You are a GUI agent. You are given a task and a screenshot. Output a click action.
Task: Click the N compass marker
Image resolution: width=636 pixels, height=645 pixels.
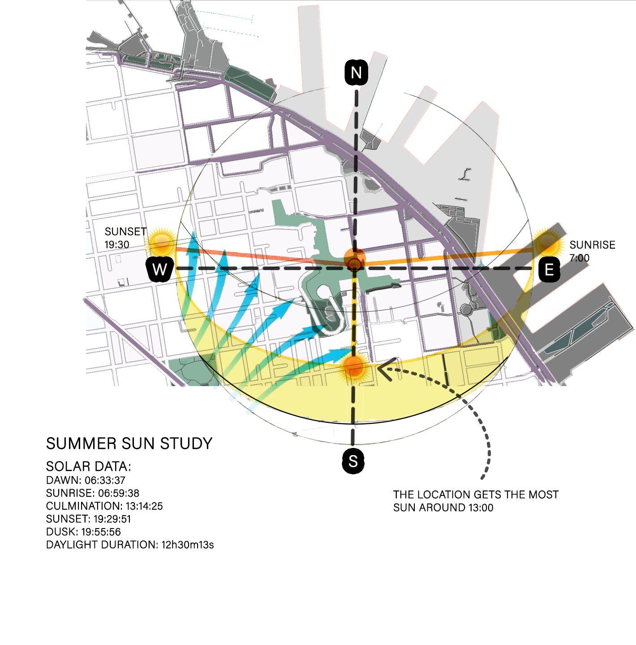(356, 73)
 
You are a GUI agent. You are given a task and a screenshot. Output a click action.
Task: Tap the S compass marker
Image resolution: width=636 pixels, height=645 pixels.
(353, 460)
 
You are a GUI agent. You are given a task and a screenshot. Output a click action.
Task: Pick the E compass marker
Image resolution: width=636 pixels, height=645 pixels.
(549, 270)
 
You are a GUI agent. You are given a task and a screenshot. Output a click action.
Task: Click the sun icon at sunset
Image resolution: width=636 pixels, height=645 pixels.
(161, 242)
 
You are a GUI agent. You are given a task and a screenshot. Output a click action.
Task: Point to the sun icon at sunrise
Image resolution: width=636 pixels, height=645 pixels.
(547, 242)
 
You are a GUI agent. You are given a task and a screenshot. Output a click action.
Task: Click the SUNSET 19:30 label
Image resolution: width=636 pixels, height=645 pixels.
(125, 238)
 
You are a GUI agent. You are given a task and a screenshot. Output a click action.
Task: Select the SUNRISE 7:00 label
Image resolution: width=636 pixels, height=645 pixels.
(592, 251)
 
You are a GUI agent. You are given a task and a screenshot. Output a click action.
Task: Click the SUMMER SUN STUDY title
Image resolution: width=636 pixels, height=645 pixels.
(129, 443)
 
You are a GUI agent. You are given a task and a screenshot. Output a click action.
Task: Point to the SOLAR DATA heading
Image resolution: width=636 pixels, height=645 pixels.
(88, 466)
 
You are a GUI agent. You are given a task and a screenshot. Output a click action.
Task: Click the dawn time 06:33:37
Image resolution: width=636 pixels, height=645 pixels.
(105, 480)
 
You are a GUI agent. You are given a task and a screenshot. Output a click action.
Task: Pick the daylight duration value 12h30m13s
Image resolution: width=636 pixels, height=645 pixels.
(188, 545)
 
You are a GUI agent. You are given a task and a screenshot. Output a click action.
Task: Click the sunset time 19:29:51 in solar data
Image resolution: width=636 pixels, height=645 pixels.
(112, 519)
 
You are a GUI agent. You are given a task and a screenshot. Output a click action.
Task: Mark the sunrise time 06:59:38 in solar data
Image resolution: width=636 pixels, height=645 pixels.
(118, 493)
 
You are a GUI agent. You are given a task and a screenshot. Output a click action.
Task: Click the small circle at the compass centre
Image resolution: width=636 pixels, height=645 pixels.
(354, 264)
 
